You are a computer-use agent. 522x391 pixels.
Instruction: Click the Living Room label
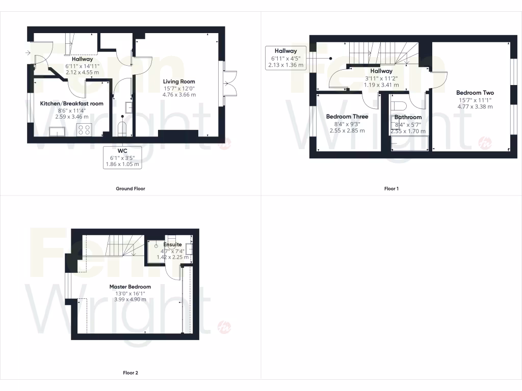(x=179, y=81)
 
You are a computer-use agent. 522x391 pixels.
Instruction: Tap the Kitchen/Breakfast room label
(x=72, y=103)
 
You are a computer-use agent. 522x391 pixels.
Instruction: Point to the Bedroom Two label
(x=475, y=93)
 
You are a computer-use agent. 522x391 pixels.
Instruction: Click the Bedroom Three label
(x=347, y=117)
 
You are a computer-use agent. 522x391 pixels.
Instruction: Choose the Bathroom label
(x=408, y=117)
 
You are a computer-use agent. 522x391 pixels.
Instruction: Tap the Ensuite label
(x=172, y=244)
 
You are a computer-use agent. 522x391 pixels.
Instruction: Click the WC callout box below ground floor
(x=122, y=157)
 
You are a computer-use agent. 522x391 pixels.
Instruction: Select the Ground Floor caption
(x=130, y=188)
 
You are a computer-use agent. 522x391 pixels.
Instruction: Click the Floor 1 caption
(x=391, y=188)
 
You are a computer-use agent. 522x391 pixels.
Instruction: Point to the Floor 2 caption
(x=130, y=373)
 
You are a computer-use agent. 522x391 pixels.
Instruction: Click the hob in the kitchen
(x=84, y=129)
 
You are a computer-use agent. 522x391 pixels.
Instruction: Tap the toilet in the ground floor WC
(x=122, y=128)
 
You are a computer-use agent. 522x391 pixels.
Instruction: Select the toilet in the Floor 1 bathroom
(x=399, y=106)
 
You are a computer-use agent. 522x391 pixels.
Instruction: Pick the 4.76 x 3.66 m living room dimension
(x=179, y=94)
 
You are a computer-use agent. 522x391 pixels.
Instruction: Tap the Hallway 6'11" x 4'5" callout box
(x=285, y=58)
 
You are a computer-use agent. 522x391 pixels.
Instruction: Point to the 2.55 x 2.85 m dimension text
(x=347, y=130)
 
